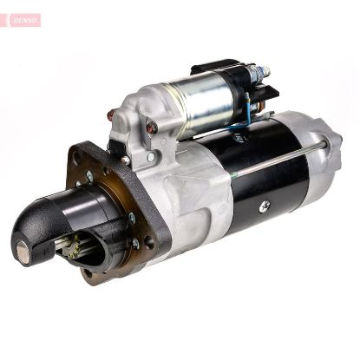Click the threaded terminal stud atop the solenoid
point(260,70)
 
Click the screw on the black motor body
point(265,206)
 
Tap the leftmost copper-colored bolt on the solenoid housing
point(111,115)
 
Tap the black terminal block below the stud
point(269,92)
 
